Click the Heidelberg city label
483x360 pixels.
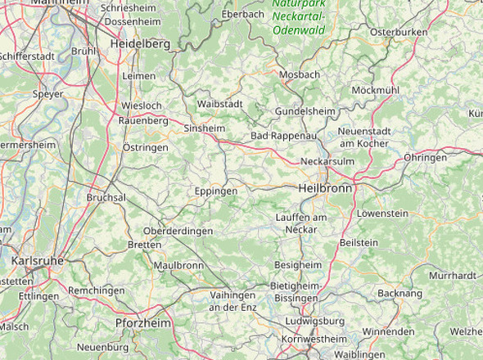[140, 43]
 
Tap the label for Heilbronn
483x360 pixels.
[325, 188]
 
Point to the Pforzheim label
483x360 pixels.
[144, 324]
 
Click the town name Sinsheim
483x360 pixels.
[204, 128]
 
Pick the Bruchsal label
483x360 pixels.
[106, 198]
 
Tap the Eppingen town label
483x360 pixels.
[216, 191]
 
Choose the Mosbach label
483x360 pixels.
[300, 74]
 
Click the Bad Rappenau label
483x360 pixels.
[283, 136]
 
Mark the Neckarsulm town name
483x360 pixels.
[327, 161]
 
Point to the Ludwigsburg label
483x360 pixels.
[310, 322]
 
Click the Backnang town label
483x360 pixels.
[400, 293]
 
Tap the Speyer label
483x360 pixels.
[47, 94]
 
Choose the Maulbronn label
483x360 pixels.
[178, 265]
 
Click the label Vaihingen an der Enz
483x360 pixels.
[232, 300]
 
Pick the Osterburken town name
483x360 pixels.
[399, 32]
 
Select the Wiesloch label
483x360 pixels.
[142, 106]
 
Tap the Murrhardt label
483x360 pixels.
[452, 276]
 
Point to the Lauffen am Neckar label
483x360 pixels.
[301, 223]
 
